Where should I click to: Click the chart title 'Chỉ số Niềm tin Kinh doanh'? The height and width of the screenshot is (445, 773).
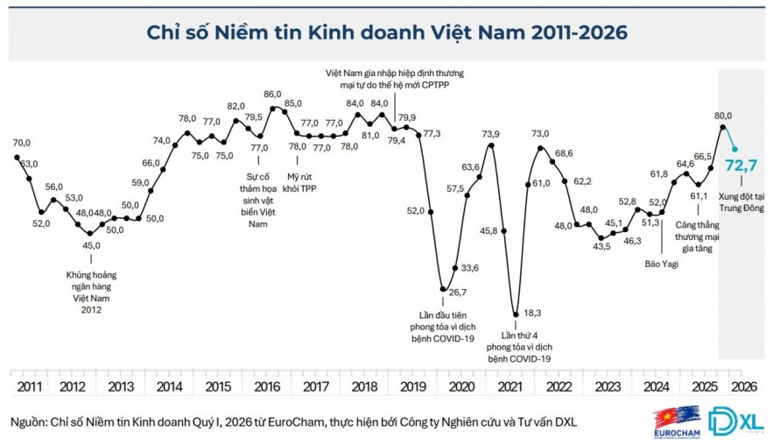386,33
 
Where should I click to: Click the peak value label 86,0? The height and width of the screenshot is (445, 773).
272,94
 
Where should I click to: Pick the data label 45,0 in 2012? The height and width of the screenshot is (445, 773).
90,245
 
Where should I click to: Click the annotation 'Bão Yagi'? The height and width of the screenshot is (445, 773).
662,263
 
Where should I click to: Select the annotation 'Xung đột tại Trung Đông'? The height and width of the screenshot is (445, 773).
743,203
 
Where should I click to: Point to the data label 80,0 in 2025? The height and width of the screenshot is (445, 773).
724,114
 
